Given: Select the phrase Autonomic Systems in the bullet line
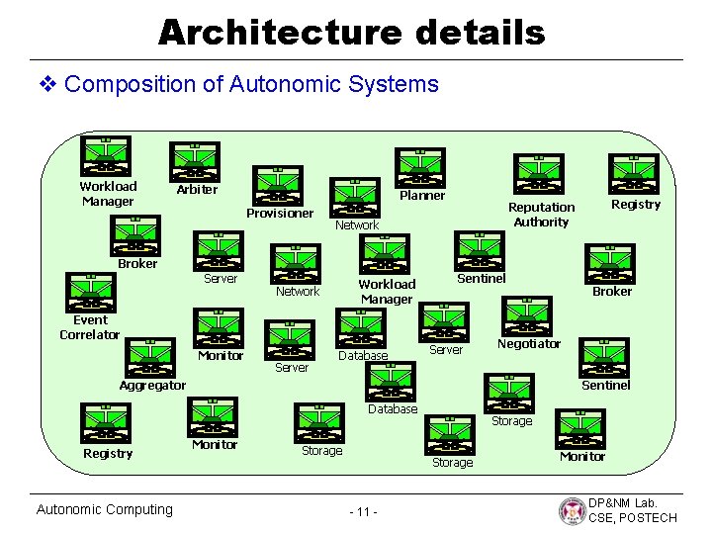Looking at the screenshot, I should (x=333, y=84).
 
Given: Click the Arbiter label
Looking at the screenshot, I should (x=197, y=190).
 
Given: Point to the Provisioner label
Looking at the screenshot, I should (x=280, y=214).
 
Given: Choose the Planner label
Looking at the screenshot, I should (x=422, y=196).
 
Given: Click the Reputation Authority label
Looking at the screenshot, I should (x=541, y=215).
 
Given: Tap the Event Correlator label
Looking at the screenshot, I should (x=90, y=327).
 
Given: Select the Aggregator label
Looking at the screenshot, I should (x=152, y=386).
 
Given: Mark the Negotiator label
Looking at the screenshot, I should (x=529, y=344).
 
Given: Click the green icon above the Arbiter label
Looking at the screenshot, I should (x=195, y=161).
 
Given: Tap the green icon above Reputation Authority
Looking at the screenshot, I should (x=538, y=175).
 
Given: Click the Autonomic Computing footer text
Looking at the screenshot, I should (x=104, y=509).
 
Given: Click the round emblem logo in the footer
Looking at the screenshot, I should (x=572, y=511).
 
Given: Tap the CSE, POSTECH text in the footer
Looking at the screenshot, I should (x=633, y=518).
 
